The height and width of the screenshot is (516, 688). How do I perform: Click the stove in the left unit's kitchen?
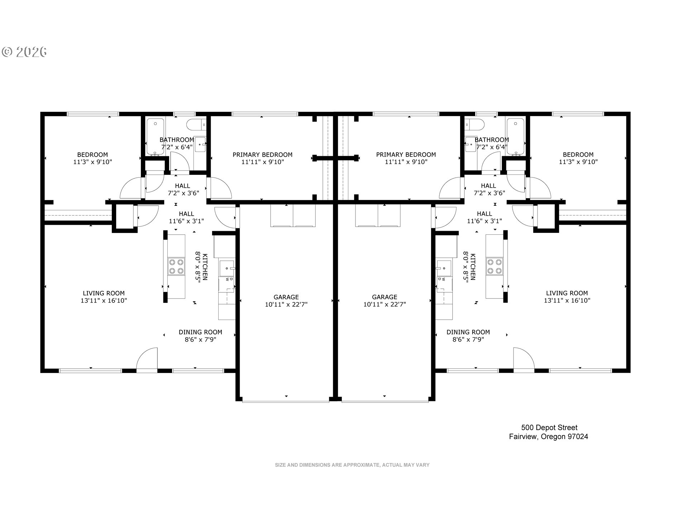click(176, 267)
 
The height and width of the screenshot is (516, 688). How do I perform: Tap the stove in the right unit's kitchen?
click(494, 267)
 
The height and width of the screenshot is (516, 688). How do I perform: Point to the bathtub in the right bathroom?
click(515, 138)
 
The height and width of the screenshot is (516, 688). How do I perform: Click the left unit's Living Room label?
click(104, 293)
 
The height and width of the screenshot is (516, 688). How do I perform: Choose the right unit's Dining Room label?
click(468, 332)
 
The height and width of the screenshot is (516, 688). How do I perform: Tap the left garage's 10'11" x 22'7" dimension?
click(286, 305)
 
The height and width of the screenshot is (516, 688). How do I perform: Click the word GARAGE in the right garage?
click(384, 297)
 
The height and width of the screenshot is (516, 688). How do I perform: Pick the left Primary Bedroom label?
click(263, 155)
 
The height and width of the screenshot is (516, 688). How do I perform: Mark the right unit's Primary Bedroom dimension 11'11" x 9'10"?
click(406, 162)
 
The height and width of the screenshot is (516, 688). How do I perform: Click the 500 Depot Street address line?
click(549, 427)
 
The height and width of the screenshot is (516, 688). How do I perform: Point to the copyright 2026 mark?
click(24, 52)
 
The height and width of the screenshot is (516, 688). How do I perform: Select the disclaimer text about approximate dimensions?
click(352, 465)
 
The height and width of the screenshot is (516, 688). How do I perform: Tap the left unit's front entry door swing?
click(147, 358)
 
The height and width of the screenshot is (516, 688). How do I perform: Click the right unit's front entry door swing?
click(524, 358)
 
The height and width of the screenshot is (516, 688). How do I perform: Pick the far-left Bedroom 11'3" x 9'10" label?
click(92, 158)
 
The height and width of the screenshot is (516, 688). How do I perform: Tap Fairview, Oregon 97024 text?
click(549, 437)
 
